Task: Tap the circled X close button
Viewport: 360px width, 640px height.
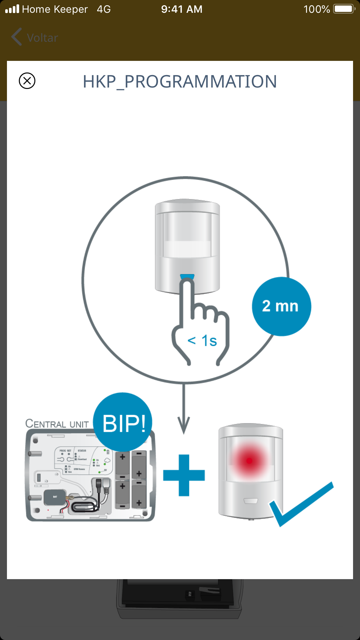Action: coord(27,81)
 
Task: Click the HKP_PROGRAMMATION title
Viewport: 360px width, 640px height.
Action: coord(180,81)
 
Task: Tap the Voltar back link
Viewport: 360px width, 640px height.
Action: coord(35,38)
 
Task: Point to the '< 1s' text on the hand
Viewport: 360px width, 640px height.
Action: coord(202,341)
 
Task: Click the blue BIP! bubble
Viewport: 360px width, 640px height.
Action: coord(123,422)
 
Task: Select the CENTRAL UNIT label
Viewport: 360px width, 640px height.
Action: coord(57,424)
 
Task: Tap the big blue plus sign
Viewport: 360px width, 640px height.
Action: coord(184,475)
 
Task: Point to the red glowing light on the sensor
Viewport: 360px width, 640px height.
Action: coord(250,460)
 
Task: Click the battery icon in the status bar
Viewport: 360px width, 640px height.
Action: coord(344,9)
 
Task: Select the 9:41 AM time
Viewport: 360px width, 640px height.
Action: coord(182,9)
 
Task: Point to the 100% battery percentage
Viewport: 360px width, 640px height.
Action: coord(317,9)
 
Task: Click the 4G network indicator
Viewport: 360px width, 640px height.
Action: coord(104,9)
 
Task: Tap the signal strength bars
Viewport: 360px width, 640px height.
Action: coord(12,9)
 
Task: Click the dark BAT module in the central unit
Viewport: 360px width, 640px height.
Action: coord(55,497)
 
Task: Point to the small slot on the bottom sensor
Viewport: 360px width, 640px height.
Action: coord(251,501)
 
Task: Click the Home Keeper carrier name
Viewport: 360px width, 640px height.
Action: coord(55,9)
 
